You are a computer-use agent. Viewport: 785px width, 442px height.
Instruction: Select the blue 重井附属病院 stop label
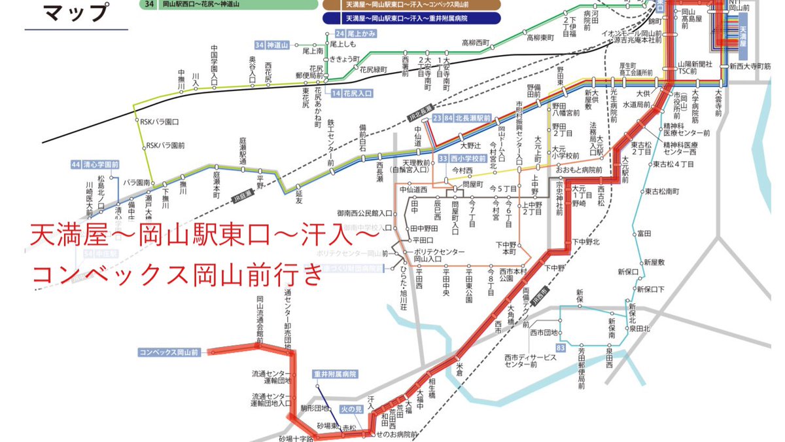[x=336, y=375]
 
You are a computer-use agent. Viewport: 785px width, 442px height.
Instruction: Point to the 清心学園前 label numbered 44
[x=96, y=164]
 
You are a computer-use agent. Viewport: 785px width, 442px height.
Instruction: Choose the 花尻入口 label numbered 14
[x=351, y=94]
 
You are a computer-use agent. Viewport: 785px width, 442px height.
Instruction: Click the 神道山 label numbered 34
[x=271, y=45]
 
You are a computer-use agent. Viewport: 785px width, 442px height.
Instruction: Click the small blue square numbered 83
[x=560, y=348]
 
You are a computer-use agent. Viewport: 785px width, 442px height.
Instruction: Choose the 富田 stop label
[x=644, y=233]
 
